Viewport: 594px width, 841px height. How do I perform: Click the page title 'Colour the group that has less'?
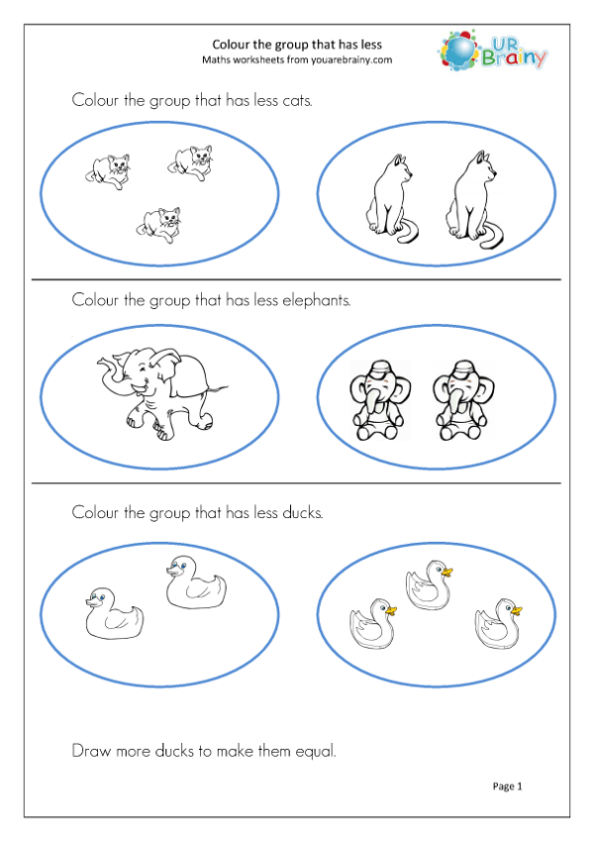297,44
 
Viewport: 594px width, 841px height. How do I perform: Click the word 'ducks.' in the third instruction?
299,512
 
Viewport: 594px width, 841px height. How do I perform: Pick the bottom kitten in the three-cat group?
159,225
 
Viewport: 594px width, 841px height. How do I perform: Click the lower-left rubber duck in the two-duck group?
113,613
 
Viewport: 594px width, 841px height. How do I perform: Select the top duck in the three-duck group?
428,584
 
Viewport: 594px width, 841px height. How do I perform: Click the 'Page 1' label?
507,786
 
